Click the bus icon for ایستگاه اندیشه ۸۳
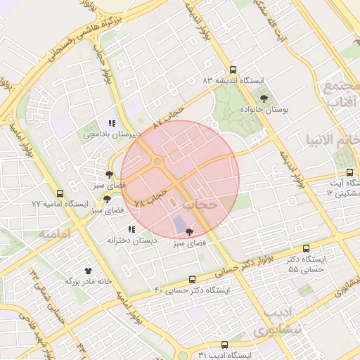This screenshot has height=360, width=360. click(234, 69)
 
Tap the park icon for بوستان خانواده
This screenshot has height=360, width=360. click(264, 98)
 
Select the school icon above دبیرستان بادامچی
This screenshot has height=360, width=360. click(111, 123)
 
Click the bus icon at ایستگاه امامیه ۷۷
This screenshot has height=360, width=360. click(60, 193)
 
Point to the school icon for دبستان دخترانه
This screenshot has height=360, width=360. click(131, 229)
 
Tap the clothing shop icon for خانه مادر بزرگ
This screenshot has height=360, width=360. click(89, 270)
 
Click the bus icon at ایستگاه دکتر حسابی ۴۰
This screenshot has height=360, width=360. click(193, 279)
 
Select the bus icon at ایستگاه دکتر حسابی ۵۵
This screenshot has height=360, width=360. click(306, 248)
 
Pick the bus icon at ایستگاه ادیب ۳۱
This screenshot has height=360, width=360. click(224, 345)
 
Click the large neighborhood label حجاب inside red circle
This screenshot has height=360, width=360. click(202, 205)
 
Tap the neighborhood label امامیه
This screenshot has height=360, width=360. click(57, 233)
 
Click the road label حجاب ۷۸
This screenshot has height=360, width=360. click(151, 197)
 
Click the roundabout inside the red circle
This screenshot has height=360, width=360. click(156, 162)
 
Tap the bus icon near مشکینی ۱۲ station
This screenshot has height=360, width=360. click(349, 173)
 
